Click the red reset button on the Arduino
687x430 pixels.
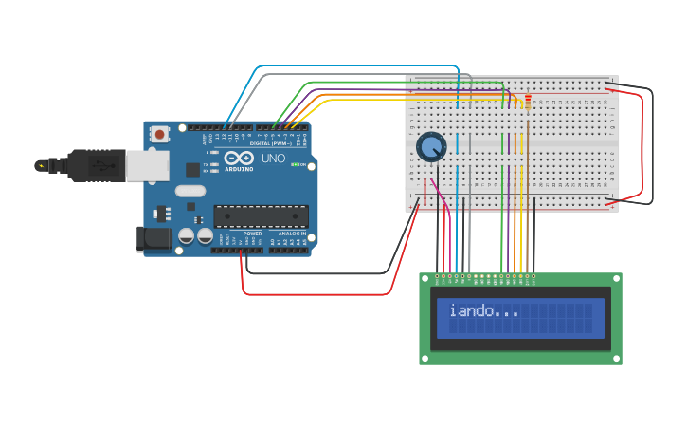point(159,134)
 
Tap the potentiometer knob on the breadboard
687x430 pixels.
point(431,147)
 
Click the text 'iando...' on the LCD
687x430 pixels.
point(483,310)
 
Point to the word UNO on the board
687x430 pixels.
point(273,159)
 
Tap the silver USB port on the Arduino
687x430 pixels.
point(147,165)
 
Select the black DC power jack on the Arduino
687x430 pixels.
point(154,239)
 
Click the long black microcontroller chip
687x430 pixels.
point(261,215)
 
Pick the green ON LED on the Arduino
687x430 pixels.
point(295,165)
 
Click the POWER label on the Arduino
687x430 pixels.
point(252,233)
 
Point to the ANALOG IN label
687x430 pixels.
point(291,233)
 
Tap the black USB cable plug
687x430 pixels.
point(95,165)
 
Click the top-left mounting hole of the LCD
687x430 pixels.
point(425,279)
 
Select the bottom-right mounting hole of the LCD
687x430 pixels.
point(617,358)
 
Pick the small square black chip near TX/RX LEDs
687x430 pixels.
point(193,170)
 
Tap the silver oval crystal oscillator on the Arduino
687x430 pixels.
point(190,191)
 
